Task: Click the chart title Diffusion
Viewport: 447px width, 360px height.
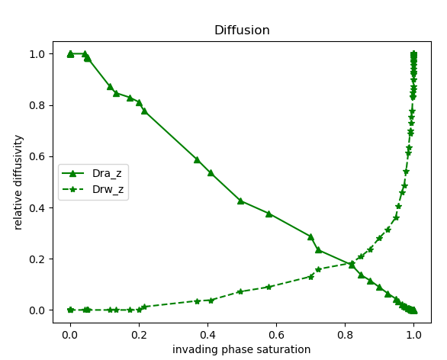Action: pyautogui.click(x=241, y=31)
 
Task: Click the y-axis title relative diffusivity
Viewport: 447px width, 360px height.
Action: pyautogui.click(x=19, y=182)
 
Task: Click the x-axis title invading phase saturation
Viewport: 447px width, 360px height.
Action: pyautogui.click(x=241, y=349)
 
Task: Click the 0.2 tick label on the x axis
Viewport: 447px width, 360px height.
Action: pyautogui.click(x=139, y=333)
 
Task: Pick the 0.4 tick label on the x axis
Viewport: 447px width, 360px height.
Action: pyautogui.click(x=207, y=333)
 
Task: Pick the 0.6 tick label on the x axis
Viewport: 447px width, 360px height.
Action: pyautogui.click(x=276, y=333)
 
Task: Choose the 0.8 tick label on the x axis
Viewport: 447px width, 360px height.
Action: pyautogui.click(x=345, y=333)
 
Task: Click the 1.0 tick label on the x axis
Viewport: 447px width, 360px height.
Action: pyautogui.click(x=413, y=333)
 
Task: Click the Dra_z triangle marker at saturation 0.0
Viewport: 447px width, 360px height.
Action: pyautogui.click(x=70, y=53)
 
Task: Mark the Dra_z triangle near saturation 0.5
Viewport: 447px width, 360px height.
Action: pyautogui.click(x=240, y=201)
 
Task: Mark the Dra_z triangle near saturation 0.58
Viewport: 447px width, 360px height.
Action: pyautogui.click(x=269, y=214)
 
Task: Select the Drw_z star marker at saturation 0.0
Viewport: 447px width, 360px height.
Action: pyautogui.click(x=70, y=310)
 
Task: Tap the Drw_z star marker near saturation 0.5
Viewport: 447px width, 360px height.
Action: pyautogui.click(x=240, y=291)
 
